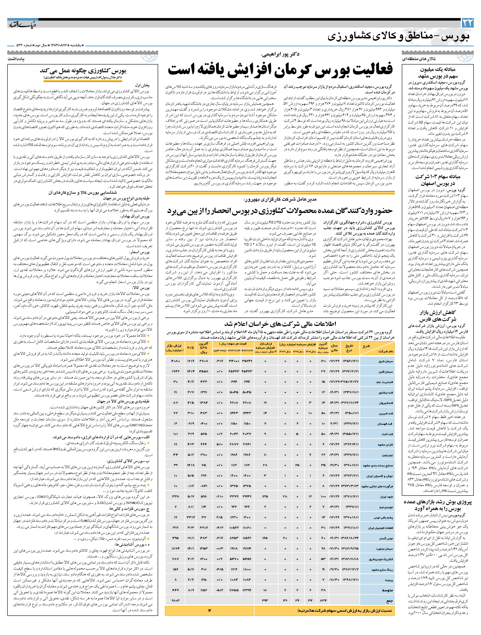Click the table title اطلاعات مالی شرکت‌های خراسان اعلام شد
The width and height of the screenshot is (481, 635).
(x=280, y=324)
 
